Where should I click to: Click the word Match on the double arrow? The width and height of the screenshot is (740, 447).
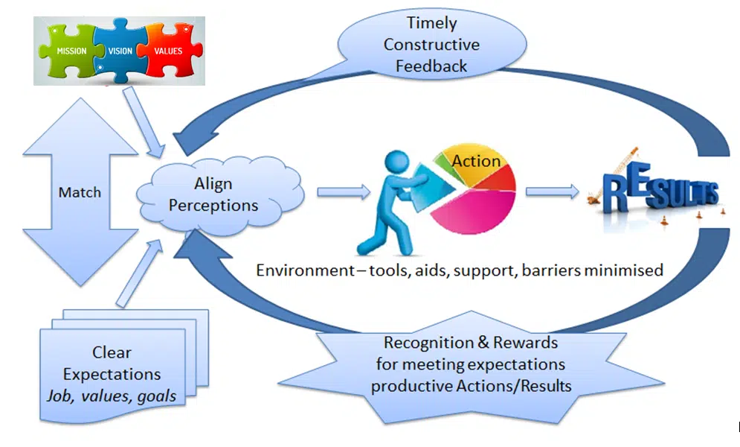pos(80,192)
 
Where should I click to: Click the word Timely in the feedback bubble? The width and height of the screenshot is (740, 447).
pos(431,23)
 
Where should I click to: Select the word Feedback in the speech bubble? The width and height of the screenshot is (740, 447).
pos(431,66)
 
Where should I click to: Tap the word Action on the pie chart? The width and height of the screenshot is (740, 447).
pos(476,161)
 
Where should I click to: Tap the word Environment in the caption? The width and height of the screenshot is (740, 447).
pos(300,270)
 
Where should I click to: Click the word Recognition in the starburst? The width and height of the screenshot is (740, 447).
pos(425,343)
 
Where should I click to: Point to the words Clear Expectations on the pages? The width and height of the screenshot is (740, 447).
pos(112,363)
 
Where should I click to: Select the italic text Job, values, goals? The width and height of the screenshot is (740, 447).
pos(112,396)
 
